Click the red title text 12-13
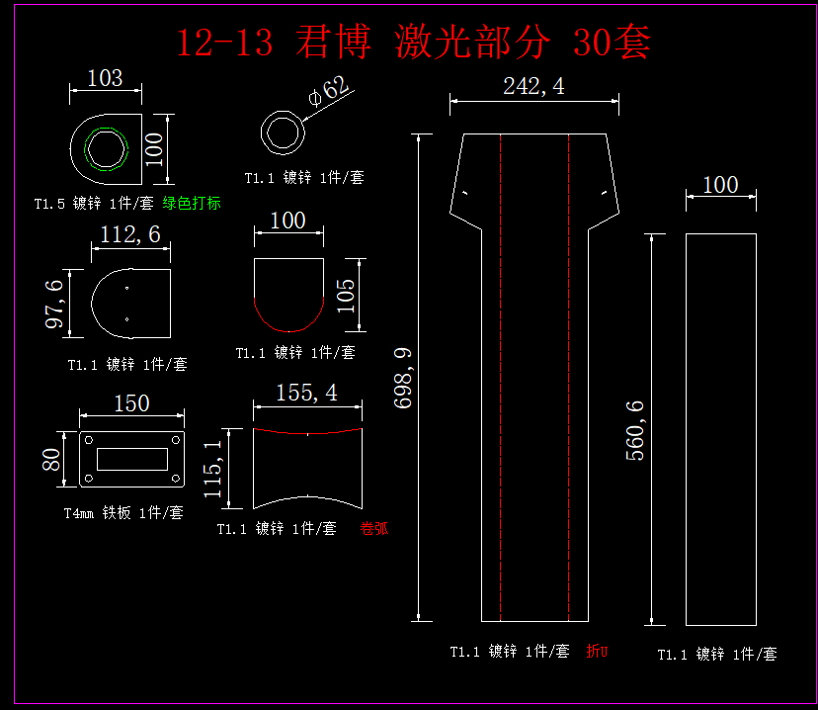click(223, 44)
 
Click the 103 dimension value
click(105, 78)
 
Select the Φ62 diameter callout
click(330, 91)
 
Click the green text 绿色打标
click(192, 204)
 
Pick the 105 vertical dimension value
click(346, 295)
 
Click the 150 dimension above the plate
click(131, 403)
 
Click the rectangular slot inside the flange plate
click(131, 459)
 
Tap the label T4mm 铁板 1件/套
click(123, 513)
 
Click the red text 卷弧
click(374, 529)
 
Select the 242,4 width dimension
click(533, 86)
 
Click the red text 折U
click(597, 652)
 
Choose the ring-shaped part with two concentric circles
click(284, 133)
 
